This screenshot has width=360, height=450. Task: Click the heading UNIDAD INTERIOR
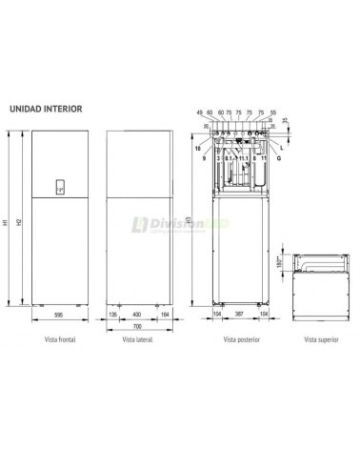47,109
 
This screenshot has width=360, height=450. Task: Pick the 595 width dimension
57,314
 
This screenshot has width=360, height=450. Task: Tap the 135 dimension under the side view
113,314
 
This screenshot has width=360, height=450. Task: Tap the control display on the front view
59,189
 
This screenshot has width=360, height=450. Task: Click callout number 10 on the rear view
199,149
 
